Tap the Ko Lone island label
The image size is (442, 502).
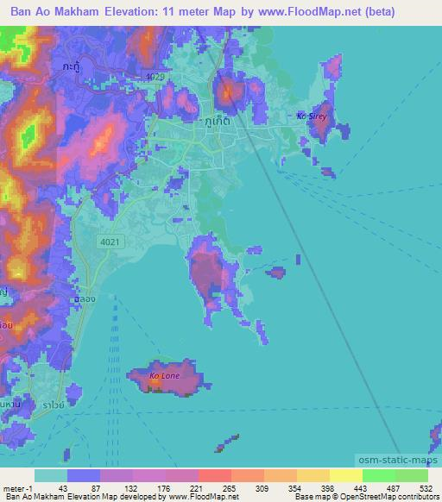[x=164, y=376]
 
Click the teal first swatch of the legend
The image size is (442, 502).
[x=51, y=475]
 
